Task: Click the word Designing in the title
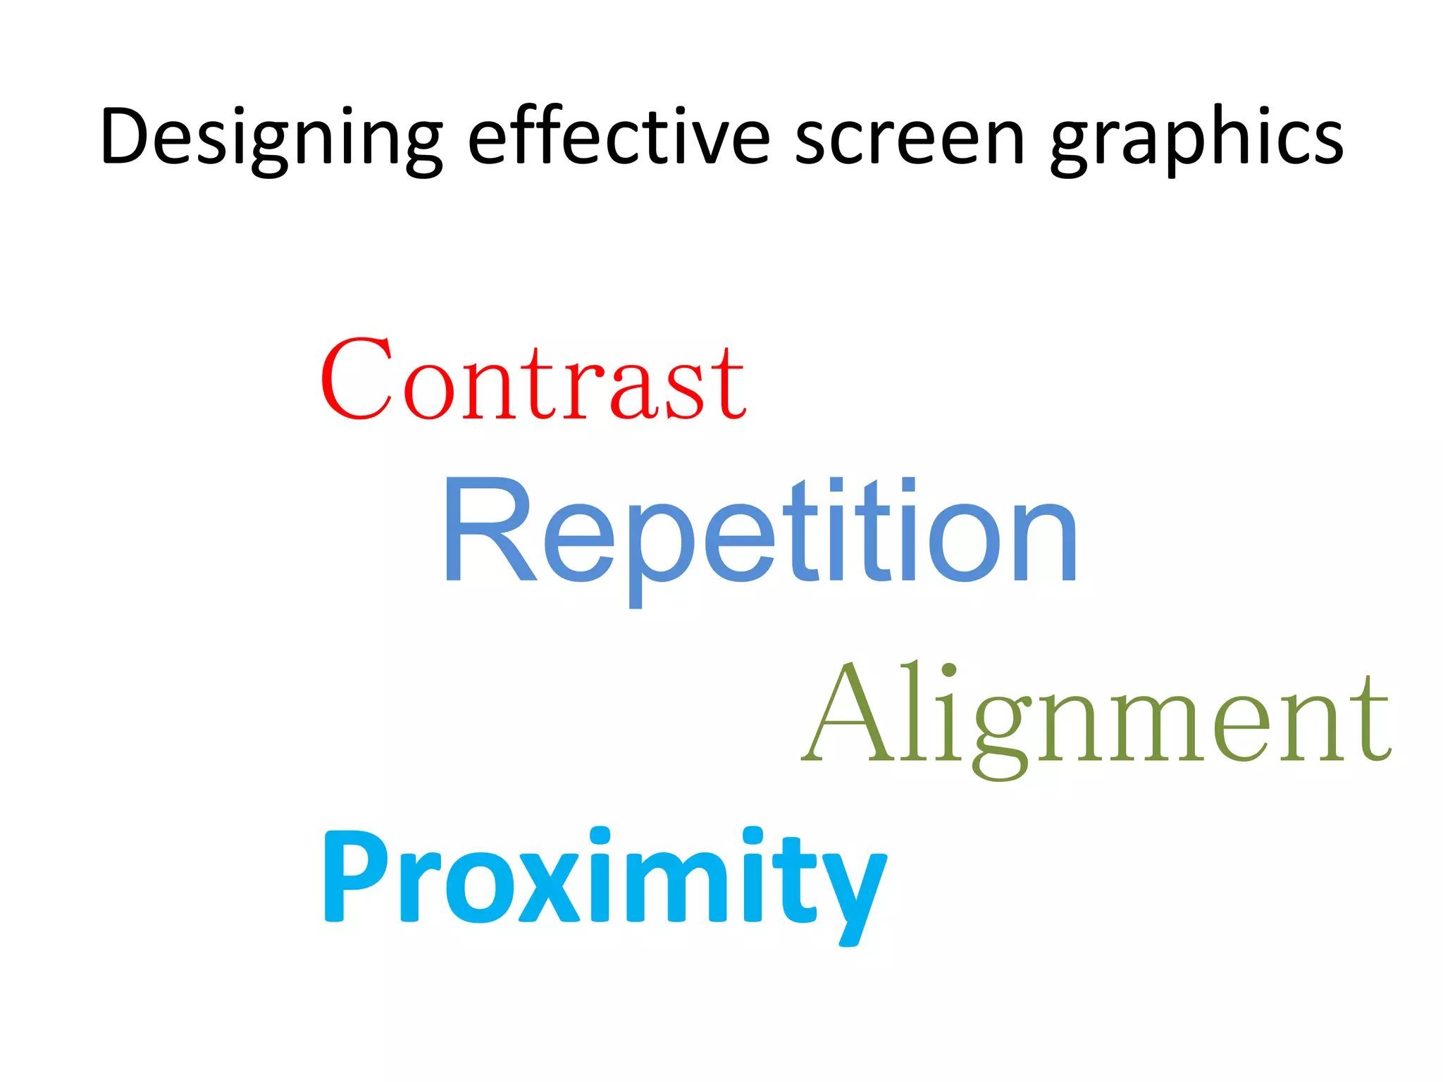(271, 138)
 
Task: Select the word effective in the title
(619, 137)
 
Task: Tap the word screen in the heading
(910, 138)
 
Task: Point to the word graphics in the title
(1196, 138)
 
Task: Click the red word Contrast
(533, 380)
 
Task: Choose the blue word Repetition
(760, 533)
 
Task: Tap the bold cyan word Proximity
(605, 878)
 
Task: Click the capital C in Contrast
(357, 379)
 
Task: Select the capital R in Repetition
(488, 530)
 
